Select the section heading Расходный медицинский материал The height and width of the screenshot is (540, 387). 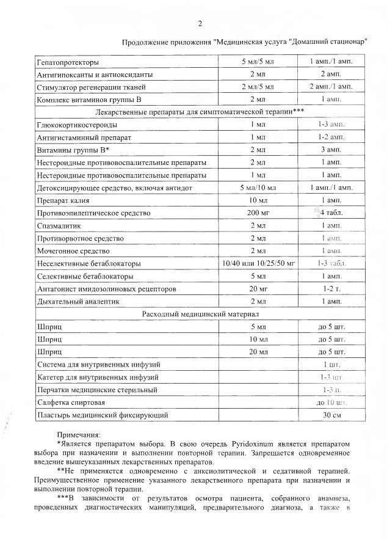coord(194,313)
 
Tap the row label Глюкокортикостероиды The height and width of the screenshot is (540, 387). coord(76,125)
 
